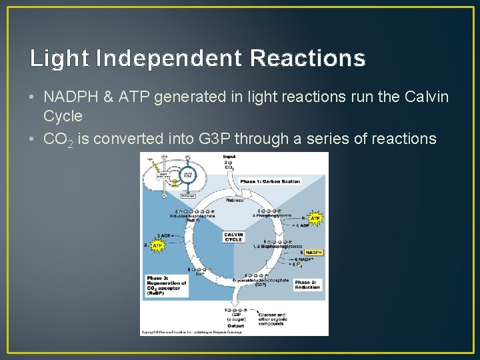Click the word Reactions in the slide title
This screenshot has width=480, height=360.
tap(307, 59)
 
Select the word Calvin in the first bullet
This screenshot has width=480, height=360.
tap(427, 97)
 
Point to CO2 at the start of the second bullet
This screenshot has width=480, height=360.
tap(58, 139)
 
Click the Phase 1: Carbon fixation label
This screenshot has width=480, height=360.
tap(270, 181)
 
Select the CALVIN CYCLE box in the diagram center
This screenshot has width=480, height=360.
tap(233, 237)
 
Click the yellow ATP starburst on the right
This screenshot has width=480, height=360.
tap(315, 218)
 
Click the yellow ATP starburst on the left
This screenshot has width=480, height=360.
tap(158, 246)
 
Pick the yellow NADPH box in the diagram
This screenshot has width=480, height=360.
tap(313, 253)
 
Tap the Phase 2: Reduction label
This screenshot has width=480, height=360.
tap(307, 285)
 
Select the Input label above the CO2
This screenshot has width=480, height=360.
tap(229, 157)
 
